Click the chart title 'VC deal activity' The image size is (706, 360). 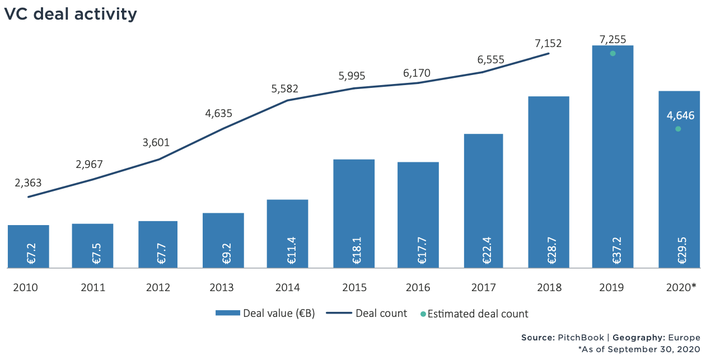71,15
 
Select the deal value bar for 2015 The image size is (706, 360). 354,214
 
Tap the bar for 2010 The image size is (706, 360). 29,246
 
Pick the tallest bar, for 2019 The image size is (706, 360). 613,157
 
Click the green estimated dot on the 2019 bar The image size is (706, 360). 613,54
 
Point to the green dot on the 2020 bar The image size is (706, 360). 678,129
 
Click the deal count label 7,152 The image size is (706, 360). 548,43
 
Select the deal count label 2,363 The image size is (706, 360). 28,183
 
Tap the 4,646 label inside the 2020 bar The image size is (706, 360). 680,115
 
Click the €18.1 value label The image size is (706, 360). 357,251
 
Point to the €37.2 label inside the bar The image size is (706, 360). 617,251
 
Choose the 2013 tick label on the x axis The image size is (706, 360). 222,287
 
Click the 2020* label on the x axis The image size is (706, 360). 681,287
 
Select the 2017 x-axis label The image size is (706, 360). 484,287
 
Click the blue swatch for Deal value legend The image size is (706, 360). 228,313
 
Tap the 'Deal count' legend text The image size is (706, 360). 381,314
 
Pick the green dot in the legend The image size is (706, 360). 423,314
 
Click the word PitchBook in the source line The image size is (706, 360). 581,338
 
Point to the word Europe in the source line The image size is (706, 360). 684,338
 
